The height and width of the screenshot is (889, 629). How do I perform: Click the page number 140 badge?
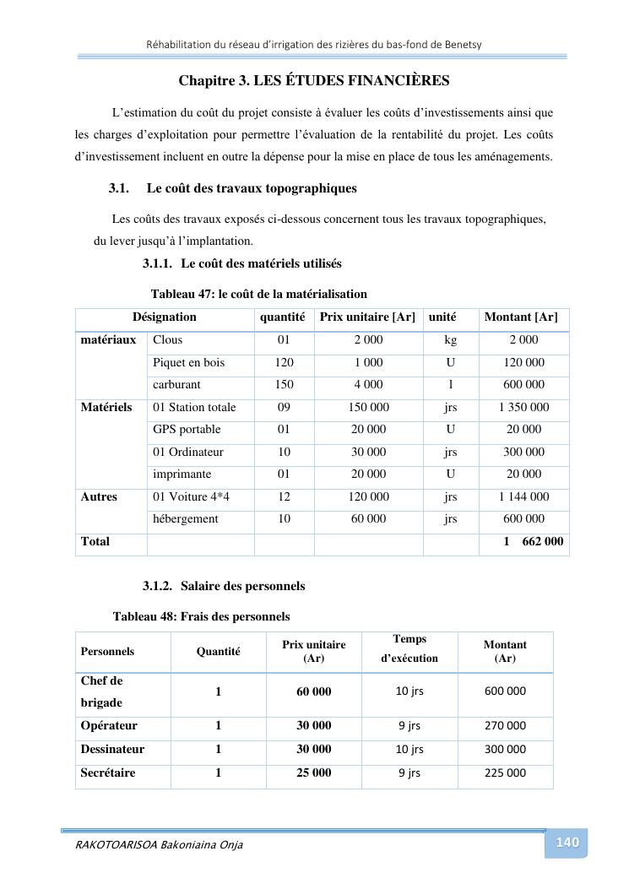tap(567, 843)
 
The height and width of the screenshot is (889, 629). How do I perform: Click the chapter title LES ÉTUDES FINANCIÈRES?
tap(314, 81)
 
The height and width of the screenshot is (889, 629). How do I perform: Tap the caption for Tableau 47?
tap(258, 294)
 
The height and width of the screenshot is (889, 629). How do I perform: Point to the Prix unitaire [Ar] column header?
tap(368, 317)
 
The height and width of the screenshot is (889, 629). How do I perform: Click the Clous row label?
tap(167, 339)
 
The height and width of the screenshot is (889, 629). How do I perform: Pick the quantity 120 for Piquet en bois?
tap(284, 362)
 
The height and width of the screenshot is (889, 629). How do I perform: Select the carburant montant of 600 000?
tap(523, 384)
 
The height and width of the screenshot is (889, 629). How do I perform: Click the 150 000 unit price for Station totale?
tap(368, 407)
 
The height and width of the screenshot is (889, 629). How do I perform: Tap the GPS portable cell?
tap(182, 429)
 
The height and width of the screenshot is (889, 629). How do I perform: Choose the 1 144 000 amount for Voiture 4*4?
tap(523, 496)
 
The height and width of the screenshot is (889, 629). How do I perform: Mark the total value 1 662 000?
tap(534, 541)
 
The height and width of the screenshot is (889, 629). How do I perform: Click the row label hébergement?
tap(185, 518)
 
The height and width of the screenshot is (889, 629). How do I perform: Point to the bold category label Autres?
tap(99, 496)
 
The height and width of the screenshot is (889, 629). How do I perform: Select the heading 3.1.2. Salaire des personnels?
tap(224, 586)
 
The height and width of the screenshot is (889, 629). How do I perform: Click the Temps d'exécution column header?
tap(409, 648)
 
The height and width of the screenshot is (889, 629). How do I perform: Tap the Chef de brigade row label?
tap(102, 691)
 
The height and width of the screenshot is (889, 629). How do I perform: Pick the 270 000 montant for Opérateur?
tap(505, 725)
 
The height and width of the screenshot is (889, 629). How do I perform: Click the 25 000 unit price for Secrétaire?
tap(313, 772)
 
